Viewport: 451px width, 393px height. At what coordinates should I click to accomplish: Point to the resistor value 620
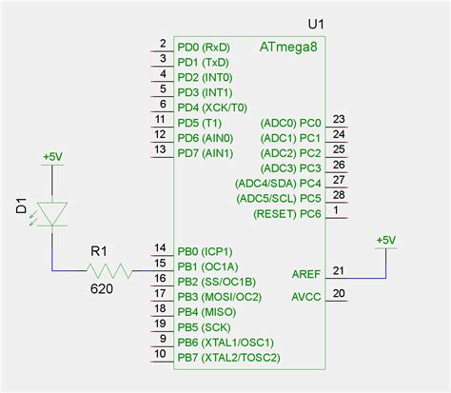coord(102,288)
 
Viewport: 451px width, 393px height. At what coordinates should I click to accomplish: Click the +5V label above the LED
coord(52,157)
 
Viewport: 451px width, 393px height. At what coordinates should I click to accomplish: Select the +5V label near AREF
coord(386,240)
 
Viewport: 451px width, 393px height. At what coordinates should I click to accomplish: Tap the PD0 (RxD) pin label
coord(203,47)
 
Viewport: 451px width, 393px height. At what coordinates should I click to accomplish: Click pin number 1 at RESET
coord(337,209)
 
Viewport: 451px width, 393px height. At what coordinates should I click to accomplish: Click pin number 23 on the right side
coord(339,118)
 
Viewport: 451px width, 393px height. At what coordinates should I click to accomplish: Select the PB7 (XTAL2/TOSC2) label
coord(228,357)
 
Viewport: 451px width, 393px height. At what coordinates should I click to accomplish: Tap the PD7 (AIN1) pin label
coord(205,153)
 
